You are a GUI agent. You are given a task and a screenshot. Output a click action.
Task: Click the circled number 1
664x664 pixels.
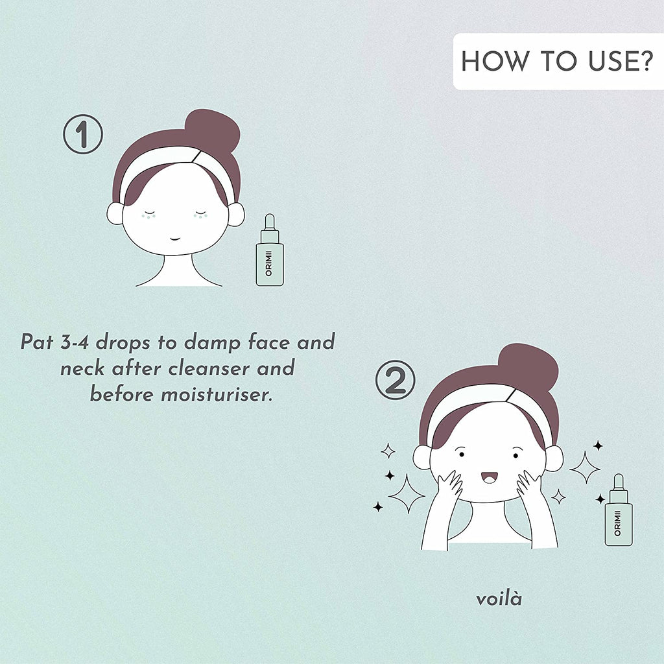[83, 134]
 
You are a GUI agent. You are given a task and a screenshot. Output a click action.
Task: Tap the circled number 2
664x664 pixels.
[396, 380]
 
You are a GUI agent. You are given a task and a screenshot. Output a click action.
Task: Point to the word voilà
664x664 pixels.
[499, 599]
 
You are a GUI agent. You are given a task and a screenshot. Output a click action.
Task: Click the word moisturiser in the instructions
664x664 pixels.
[216, 395]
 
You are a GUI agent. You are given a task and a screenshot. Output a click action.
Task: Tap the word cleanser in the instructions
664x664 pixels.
[209, 368]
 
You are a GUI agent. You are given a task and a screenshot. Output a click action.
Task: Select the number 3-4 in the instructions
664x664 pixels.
[74, 342]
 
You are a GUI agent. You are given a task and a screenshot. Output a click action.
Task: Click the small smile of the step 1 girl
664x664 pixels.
[175, 239]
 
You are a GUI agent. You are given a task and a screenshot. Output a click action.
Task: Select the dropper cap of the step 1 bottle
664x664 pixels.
[270, 228]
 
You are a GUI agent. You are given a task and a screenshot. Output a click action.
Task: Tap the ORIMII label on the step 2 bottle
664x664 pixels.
[617, 523]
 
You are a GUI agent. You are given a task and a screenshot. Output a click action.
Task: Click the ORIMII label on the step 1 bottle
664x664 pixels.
[268, 263]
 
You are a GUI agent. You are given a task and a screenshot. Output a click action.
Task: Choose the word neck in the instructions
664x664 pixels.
[82, 368]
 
